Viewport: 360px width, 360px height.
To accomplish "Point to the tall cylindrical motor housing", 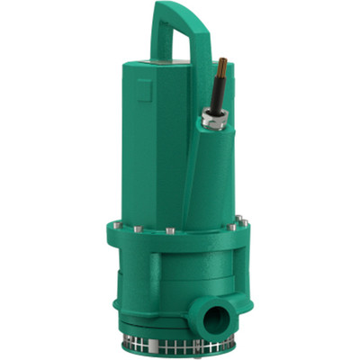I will coord(171,135).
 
